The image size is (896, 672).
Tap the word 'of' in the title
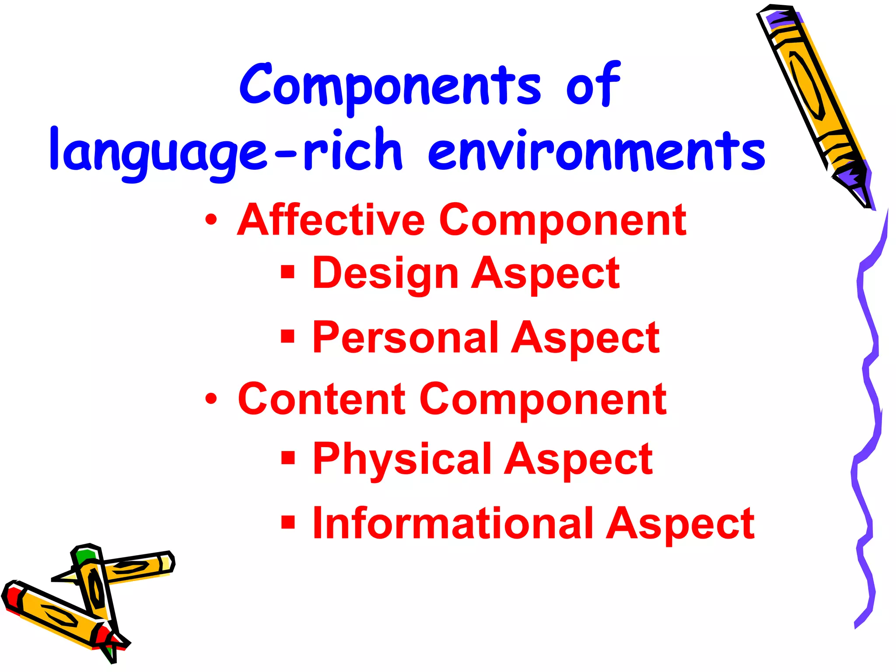pyautogui.click(x=593, y=85)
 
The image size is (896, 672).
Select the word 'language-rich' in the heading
pyautogui.click(x=225, y=151)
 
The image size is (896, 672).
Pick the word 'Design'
pyautogui.click(x=385, y=273)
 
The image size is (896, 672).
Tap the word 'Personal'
pyautogui.click(x=405, y=337)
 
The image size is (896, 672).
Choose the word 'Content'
pyautogui.click(x=322, y=399)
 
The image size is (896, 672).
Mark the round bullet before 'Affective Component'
pyautogui.click(x=211, y=220)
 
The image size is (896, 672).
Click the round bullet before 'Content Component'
pyautogui.click(x=211, y=399)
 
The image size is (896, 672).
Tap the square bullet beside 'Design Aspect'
pyautogui.click(x=287, y=272)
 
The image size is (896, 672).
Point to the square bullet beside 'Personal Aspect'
pyautogui.click(x=287, y=336)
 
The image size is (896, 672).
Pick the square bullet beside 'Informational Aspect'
pyautogui.click(x=287, y=521)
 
